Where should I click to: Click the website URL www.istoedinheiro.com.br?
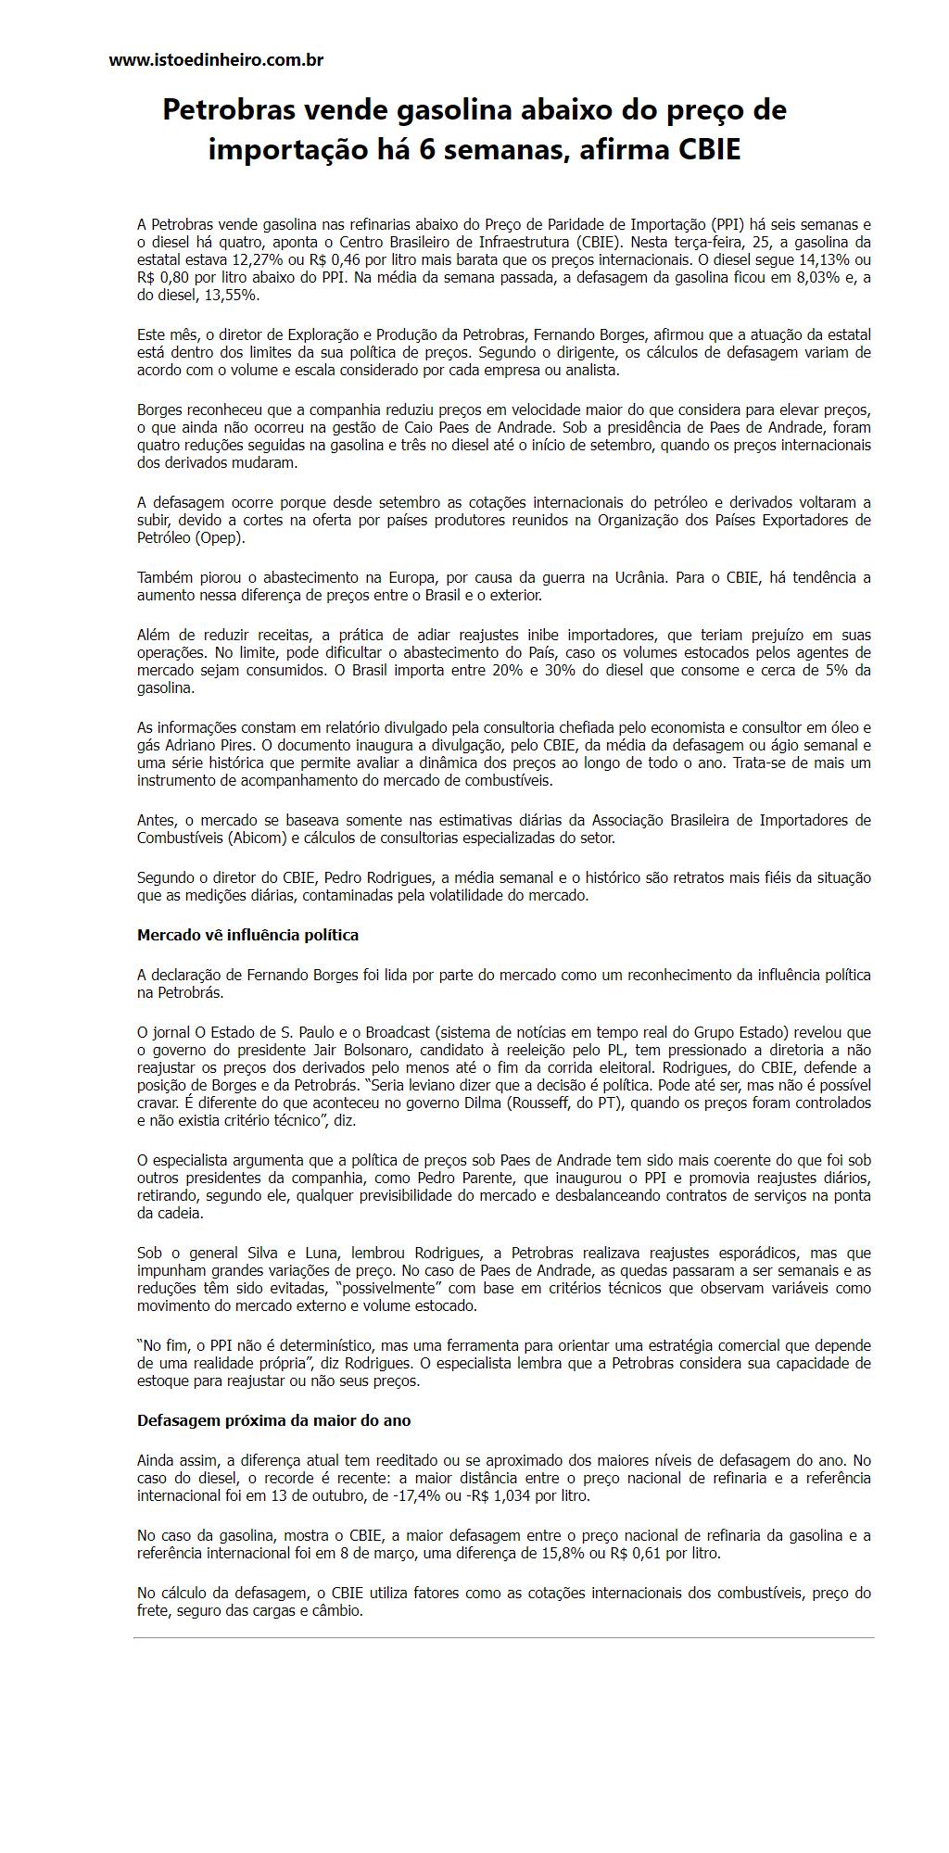tap(216, 60)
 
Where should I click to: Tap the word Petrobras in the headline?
tap(227, 110)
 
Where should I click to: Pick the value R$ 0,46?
tap(348, 259)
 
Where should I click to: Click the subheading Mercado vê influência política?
tap(247, 935)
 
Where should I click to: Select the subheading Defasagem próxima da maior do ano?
tap(273, 1420)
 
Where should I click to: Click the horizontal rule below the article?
tap(503, 1637)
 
